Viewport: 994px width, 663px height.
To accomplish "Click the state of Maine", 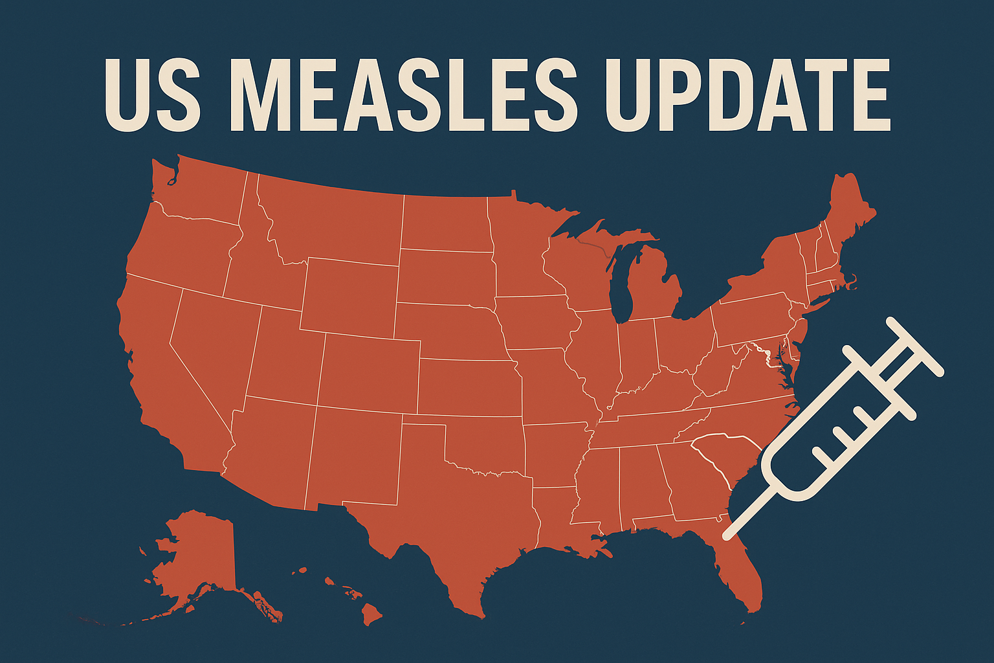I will point(848,214).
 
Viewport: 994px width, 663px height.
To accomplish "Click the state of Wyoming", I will point(349,295).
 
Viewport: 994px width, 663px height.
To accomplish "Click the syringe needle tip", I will point(728,535).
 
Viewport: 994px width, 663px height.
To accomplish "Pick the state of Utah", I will point(285,353).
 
